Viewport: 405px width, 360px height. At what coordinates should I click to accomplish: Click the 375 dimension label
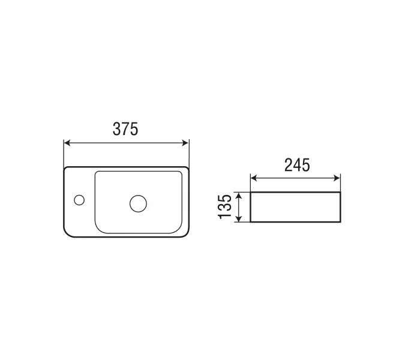tap(125, 129)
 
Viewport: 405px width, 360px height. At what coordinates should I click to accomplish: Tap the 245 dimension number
tap(297, 165)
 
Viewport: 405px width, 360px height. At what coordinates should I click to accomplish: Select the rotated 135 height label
tap(225, 206)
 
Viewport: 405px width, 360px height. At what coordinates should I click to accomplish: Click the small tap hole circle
tap(79, 200)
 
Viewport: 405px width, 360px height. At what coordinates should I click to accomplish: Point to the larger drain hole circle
tap(138, 203)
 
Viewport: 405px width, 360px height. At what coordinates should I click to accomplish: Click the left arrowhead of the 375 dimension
tap(67, 143)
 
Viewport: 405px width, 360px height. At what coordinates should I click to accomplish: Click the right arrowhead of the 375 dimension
tap(186, 143)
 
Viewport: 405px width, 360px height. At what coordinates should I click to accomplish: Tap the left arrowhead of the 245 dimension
tap(254, 178)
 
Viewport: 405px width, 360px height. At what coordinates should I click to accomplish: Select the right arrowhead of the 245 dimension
tap(337, 178)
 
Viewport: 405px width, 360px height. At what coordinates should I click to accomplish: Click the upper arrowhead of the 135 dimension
tap(239, 196)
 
